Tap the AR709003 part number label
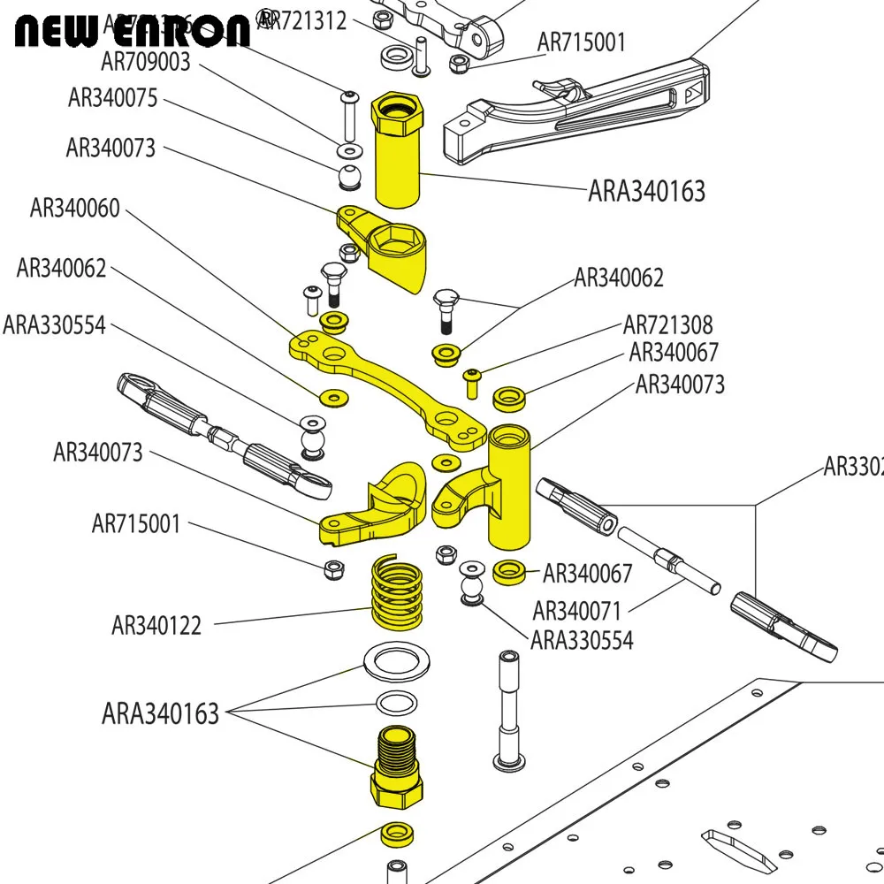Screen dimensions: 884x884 tap(146, 62)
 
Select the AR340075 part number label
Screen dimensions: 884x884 tap(112, 98)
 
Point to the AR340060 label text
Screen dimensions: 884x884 tap(74, 209)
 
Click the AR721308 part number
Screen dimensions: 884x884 tap(667, 325)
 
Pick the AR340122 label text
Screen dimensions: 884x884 tap(156, 626)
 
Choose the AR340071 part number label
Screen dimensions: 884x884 tap(577, 611)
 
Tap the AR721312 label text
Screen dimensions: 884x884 tap(305, 20)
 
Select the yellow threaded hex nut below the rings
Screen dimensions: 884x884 tap(396, 766)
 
